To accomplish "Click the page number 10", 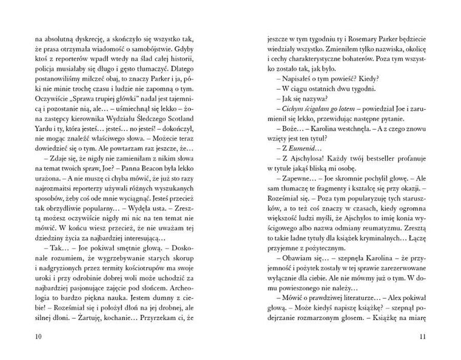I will [38, 338].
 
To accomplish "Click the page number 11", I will [422, 338].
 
